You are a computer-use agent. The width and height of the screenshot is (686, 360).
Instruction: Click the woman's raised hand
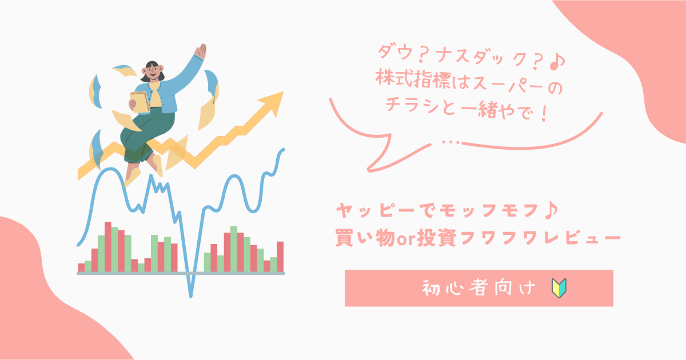pos(201,51)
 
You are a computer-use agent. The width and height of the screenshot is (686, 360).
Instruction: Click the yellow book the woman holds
pos(139,102)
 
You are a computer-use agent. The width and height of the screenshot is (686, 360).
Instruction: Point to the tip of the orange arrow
pos(283,92)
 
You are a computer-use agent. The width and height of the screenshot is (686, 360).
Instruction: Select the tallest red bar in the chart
pos(108,247)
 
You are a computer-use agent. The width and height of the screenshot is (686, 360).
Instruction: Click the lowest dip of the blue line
pos(190,296)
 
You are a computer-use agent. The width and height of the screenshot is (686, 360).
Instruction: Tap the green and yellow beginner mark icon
pos(559,288)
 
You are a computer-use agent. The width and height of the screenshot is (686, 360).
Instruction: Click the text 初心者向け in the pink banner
pos(479,288)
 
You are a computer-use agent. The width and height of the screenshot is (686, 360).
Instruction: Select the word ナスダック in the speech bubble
pos(480,57)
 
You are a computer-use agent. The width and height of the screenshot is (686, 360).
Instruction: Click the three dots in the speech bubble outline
pos(451,142)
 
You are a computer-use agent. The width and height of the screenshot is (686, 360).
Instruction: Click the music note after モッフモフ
pos(551,210)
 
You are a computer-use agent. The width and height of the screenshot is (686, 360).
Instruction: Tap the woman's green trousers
pos(146,135)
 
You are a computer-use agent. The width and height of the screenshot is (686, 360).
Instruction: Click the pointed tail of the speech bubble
pos(369,169)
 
